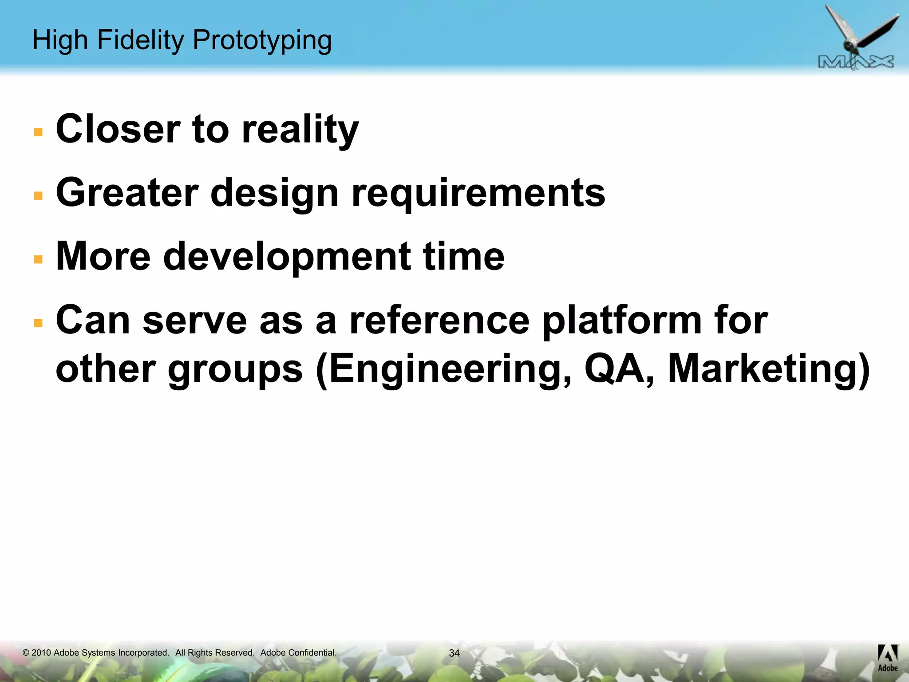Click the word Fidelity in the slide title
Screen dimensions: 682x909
pos(140,40)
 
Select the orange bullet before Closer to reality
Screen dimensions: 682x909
pos(38,132)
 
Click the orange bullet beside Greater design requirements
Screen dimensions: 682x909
pos(38,195)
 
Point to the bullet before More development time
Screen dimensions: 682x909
pos(38,259)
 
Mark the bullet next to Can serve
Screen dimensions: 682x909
pos(38,322)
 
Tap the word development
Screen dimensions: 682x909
pos(287,257)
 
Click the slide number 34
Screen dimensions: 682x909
pos(454,653)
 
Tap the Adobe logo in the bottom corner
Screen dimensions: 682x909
pos(888,658)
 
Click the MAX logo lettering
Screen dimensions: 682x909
pos(856,63)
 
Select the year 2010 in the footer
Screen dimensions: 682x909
pos(41,653)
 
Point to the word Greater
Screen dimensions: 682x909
pos(127,193)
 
